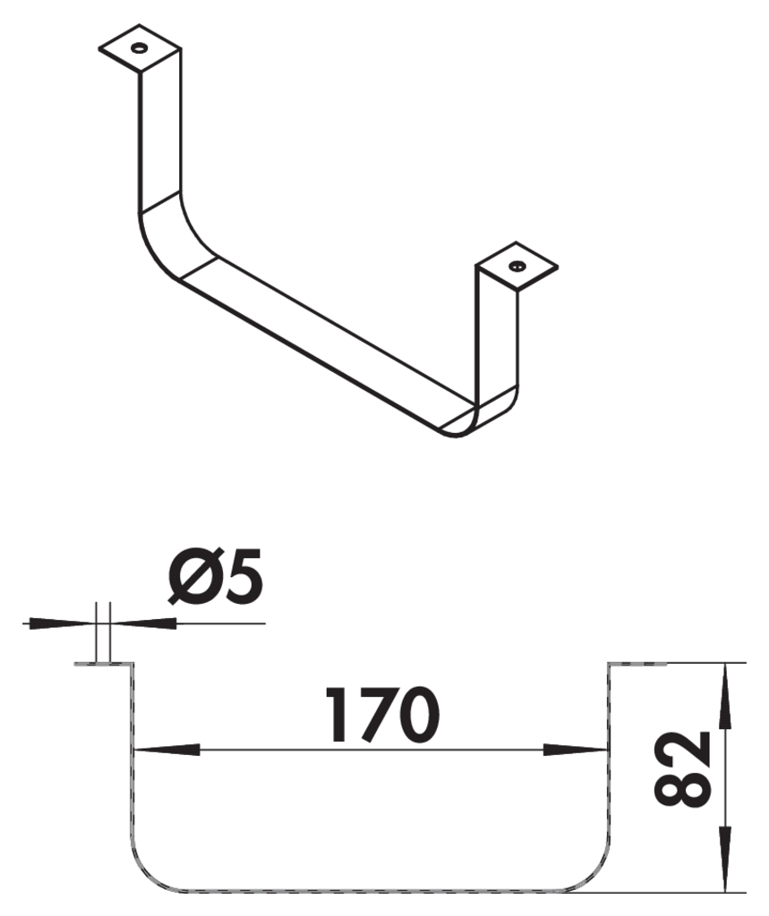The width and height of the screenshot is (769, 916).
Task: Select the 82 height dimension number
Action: pos(685,768)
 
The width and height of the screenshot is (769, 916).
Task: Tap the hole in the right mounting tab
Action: pos(517,266)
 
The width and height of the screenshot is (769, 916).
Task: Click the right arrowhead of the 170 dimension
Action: pos(576,749)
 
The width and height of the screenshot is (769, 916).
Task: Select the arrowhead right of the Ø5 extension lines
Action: pos(143,623)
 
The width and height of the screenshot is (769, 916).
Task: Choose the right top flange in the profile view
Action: pos(637,664)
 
